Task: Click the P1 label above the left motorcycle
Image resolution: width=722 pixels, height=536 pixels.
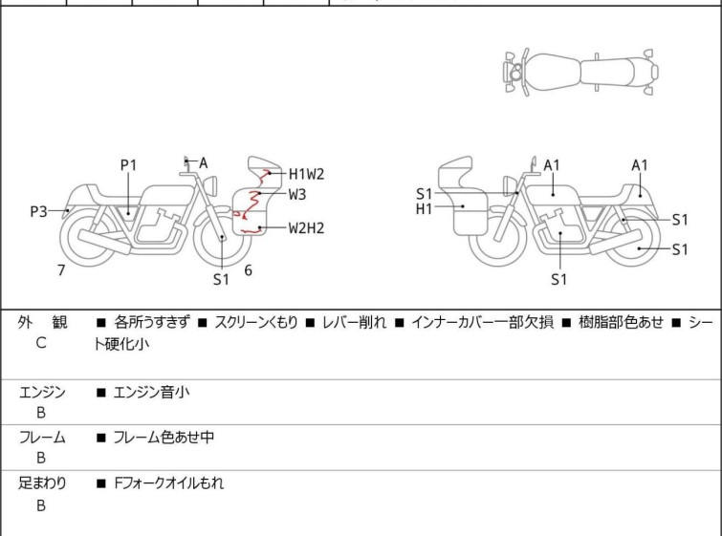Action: (x=129, y=165)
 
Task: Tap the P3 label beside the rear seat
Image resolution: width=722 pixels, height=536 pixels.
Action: (x=38, y=211)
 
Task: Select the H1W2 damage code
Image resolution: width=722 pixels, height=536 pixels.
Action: (x=307, y=174)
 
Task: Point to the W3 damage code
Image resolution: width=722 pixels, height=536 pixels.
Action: (x=297, y=194)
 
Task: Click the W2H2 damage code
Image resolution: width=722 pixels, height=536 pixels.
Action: (x=307, y=227)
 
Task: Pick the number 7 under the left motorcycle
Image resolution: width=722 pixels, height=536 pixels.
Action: (x=61, y=270)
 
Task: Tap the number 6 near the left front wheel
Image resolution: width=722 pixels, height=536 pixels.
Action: (x=248, y=270)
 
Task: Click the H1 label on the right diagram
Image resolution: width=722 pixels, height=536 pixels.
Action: (x=425, y=208)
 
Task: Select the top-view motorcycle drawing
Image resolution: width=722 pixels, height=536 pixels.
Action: (x=580, y=71)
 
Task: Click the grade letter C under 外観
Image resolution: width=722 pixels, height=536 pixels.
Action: (x=41, y=342)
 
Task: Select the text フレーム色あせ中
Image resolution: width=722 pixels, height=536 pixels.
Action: (x=163, y=438)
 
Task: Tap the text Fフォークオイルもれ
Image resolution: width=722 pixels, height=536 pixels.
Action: (x=168, y=483)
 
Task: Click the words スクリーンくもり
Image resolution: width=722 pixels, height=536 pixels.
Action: (x=262, y=323)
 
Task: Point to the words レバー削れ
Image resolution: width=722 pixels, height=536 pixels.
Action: (x=355, y=323)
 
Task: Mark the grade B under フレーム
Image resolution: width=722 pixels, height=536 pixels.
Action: (x=41, y=458)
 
